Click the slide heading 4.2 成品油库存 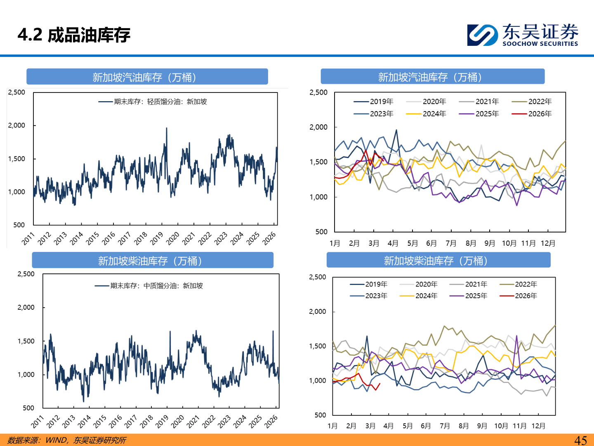(x=74, y=35)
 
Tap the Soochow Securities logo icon (x=482, y=35)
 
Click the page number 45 (x=580, y=440)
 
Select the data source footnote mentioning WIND (x=67, y=440)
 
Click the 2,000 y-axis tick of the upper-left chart (x=16, y=125)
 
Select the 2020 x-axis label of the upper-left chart (x=173, y=238)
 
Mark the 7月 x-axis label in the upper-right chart (x=451, y=243)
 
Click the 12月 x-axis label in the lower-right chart (x=538, y=426)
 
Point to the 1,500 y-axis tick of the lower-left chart (x=26, y=341)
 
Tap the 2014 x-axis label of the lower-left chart (x=84, y=422)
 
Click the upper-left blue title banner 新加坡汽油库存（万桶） (x=147, y=77)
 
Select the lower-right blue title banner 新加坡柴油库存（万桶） (x=438, y=261)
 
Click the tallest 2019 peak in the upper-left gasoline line (x=166, y=128)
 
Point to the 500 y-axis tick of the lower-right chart (x=320, y=415)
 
